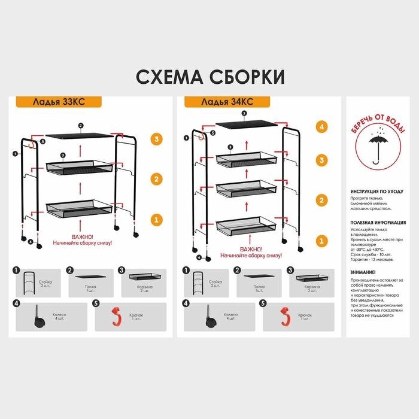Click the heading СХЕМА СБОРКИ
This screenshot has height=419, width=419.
209,77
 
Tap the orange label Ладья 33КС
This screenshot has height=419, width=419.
50,102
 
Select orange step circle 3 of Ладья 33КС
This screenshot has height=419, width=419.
156,139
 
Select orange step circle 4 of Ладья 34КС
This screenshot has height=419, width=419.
321,127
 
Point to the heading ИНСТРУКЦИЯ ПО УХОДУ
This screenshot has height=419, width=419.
376,192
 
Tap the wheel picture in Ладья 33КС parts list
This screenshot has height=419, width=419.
37,316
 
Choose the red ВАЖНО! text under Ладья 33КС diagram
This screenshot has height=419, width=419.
82,236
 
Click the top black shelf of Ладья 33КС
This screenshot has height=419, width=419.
80,135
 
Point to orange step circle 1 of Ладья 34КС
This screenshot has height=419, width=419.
321,240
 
